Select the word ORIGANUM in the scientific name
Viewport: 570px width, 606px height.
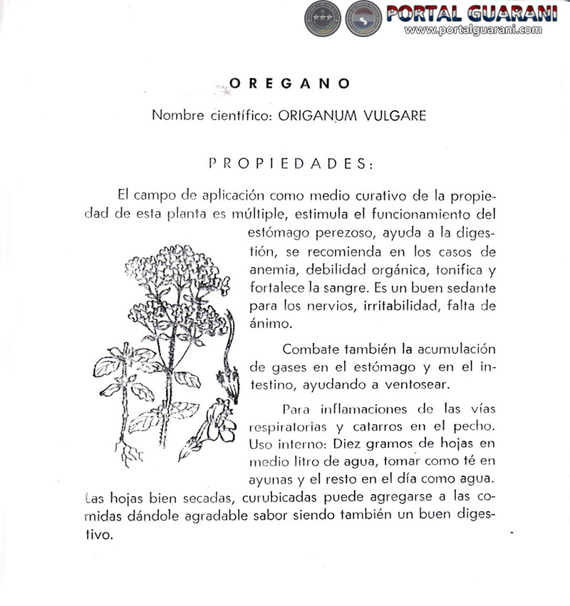tap(316, 115)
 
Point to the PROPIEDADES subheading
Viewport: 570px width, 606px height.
tap(290, 163)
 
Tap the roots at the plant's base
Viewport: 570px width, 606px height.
tap(131, 455)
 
